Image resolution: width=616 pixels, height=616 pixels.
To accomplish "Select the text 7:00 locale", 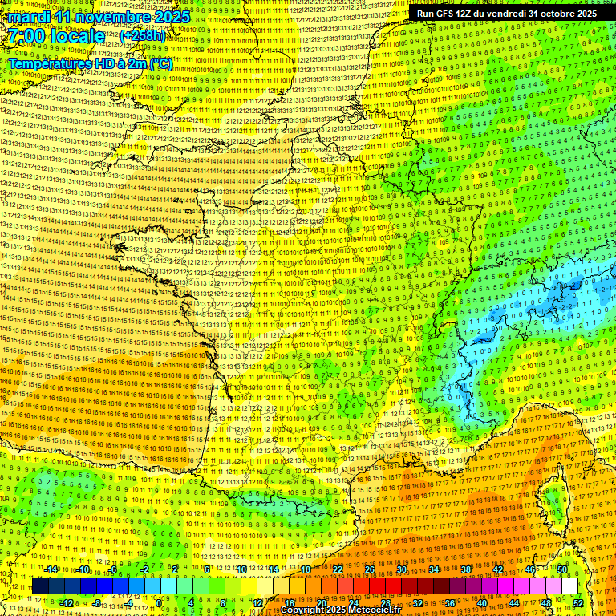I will pyautogui.click(x=56, y=36).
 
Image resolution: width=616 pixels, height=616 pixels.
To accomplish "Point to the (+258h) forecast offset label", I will pyautogui.click(x=142, y=37).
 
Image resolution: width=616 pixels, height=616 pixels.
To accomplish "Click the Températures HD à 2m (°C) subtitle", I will pyautogui.click(x=90, y=63).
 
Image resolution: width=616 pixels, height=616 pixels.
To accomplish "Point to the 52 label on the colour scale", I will pyautogui.click(x=577, y=603).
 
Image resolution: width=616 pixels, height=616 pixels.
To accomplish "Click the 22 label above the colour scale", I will pyautogui.click(x=338, y=569).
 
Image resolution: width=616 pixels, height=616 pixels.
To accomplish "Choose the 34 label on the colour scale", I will pyautogui.click(x=434, y=569).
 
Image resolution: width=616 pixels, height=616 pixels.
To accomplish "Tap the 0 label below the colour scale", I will pyautogui.click(x=160, y=603).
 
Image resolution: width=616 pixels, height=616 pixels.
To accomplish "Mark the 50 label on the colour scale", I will pyautogui.click(x=562, y=569).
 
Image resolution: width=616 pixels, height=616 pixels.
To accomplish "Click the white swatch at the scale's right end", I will pyautogui.click(x=569, y=586).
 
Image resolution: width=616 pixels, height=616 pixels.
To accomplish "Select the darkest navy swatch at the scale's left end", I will pyautogui.click(x=41, y=586).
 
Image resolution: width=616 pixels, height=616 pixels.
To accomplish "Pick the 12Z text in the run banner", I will pyautogui.click(x=464, y=14).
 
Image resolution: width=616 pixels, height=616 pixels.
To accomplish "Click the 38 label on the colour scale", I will pyautogui.click(x=466, y=569).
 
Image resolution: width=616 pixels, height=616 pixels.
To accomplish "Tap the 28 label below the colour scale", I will pyautogui.click(x=385, y=603).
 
